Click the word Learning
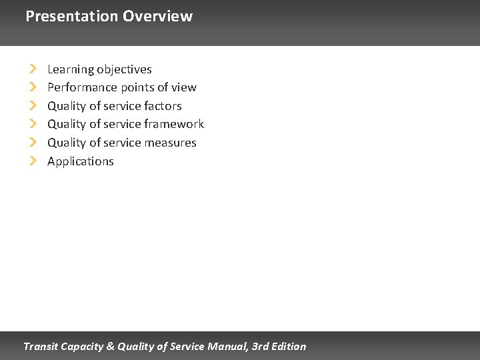click(x=70, y=69)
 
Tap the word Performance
click(x=82, y=87)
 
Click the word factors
click(x=163, y=106)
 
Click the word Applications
click(x=81, y=161)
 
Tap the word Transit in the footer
click(x=41, y=347)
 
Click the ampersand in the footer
click(x=111, y=347)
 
